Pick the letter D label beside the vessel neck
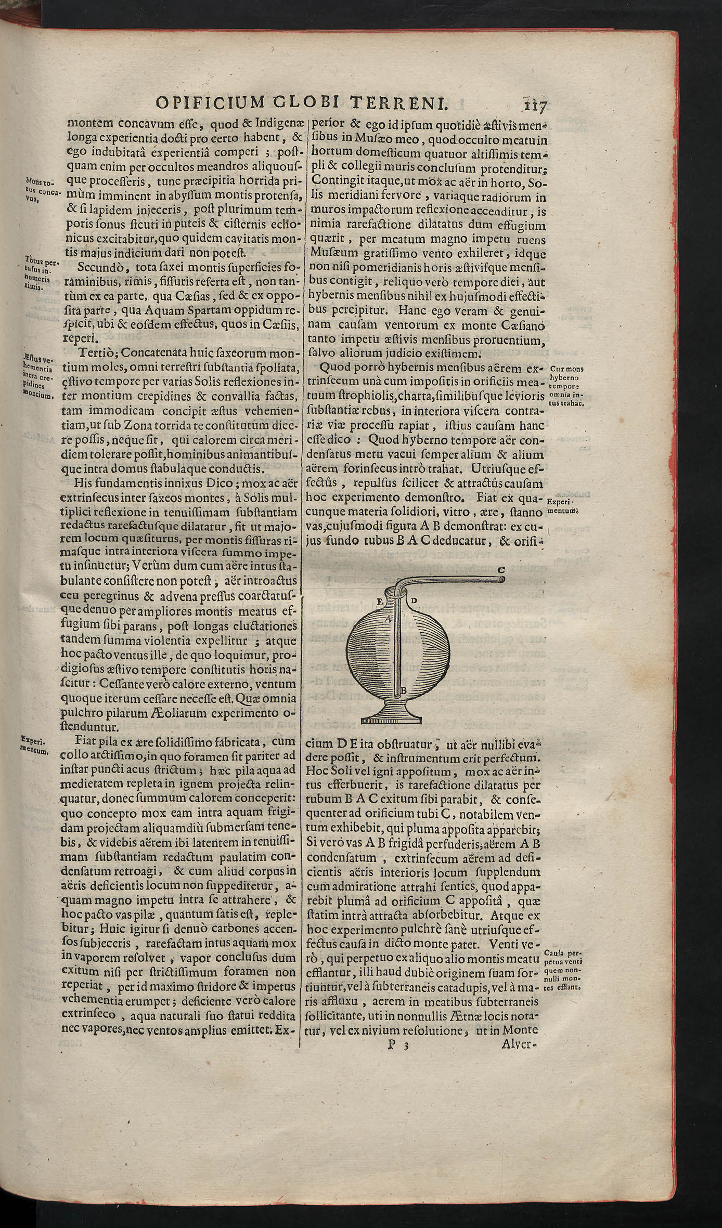pos(414,601)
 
